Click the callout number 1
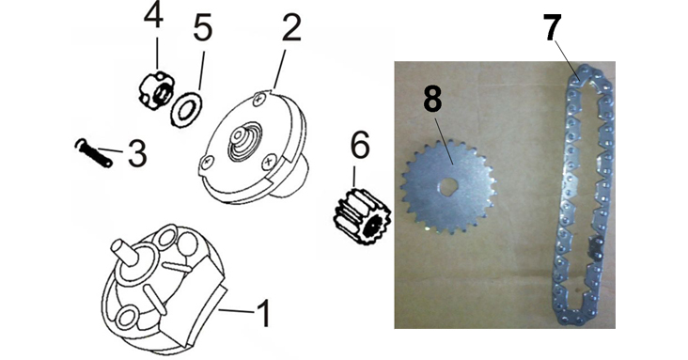pos(264,313)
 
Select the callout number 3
pos(137,153)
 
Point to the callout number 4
pos(153,16)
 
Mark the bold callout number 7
pos(553,27)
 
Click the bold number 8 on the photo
pos(432,100)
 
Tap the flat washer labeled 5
pos(186,110)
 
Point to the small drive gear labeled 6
pos(362,221)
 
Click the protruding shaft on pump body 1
pos(126,252)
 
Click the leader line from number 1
pos(237,311)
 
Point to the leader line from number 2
pos(279,69)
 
